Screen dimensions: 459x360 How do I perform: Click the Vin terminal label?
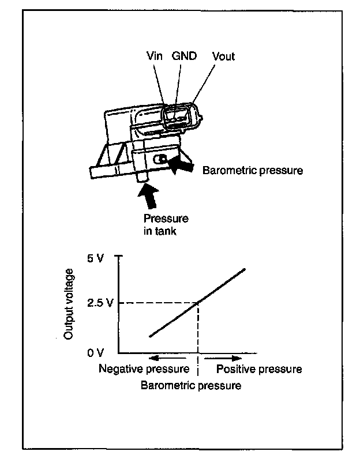(153, 57)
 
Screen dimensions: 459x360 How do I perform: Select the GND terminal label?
(184, 57)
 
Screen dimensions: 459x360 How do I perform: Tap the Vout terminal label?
(223, 57)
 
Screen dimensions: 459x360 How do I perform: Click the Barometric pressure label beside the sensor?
(253, 171)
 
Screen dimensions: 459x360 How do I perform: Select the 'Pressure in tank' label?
(166, 224)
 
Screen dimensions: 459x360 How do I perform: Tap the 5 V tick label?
(95, 258)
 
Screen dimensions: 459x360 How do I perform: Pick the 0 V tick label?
(95, 352)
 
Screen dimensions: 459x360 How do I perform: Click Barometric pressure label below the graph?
(191, 385)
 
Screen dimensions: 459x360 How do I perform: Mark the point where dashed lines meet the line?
(198, 303)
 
